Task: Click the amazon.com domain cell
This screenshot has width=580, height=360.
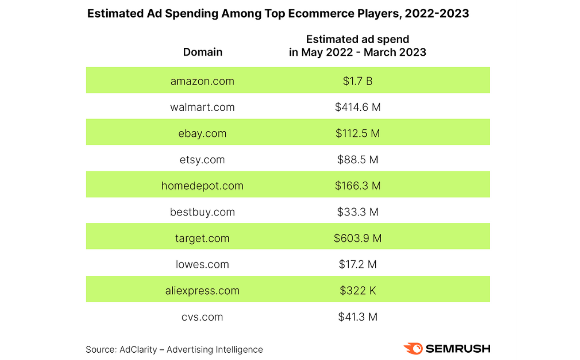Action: tap(202, 81)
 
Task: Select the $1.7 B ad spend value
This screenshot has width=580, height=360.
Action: tap(357, 81)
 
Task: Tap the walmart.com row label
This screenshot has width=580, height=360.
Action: tap(202, 107)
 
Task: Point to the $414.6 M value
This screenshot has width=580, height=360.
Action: tap(357, 107)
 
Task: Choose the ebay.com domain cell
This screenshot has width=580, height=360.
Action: tap(202, 133)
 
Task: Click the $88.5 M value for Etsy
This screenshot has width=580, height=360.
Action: tap(357, 159)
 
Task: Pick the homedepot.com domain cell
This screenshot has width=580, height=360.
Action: tap(202, 186)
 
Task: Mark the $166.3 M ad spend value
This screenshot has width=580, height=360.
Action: tap(357, 186)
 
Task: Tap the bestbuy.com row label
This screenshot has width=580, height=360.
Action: tap(202, 212)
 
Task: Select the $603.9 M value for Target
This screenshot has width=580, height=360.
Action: tap(357, 238)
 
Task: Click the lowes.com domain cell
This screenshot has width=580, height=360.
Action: tap(202, 264)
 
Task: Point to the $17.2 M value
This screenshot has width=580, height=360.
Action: tap(357, 264)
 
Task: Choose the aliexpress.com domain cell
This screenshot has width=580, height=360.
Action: tap(202, 291)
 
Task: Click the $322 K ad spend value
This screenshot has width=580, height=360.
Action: tap(357, 291)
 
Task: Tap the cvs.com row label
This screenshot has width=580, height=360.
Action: tap(202, 317)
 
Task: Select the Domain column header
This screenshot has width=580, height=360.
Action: tap(203, 52)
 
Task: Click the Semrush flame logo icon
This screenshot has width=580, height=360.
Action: tap(413, 348)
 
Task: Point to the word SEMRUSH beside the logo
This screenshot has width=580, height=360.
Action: tap(458, 348)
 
